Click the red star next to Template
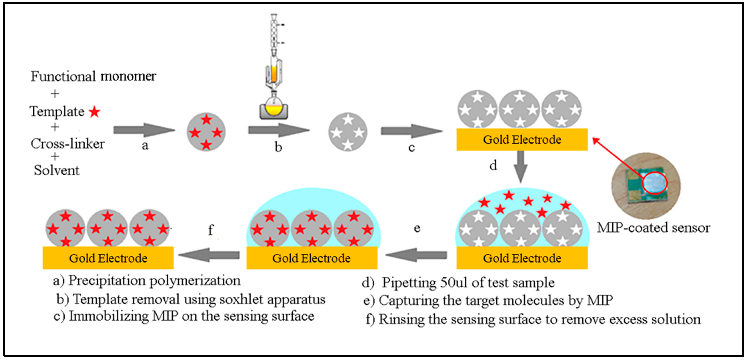coord(95,112)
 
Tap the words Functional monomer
coord(93,76)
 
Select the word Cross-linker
coord(68,144)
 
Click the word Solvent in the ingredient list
coord(57,170)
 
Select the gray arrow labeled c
coord(411,131)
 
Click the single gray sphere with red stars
coord(206,132)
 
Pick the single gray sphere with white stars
coord(348,132)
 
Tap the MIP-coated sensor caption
coord(653,228)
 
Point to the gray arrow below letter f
coord(209,255)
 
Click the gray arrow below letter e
coord(416,255)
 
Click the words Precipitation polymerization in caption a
coord(154,281)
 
